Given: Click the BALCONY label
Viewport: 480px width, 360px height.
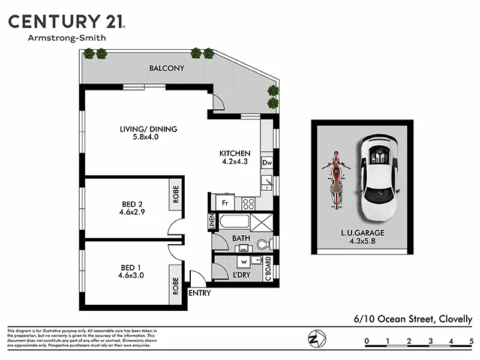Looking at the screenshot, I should (x=167, y=68).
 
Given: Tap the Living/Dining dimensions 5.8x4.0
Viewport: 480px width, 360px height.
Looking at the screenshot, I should (x=147, y=137).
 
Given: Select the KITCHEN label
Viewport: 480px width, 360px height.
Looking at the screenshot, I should (x=235, y=154).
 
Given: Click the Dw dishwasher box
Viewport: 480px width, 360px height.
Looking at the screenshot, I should (x=267, y=163).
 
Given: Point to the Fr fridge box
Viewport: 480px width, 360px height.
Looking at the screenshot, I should (x=225, y=203).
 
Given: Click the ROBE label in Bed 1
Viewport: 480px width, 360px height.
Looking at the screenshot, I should (x=176, y=284).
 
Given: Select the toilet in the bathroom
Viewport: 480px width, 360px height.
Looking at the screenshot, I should (x=262, y=244).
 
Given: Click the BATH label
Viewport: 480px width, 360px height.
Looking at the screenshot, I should (x=241, y=239).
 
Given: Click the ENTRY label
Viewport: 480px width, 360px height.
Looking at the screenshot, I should (x=199, y=293).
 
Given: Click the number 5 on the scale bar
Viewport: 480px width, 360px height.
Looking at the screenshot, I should (x=472, y=342).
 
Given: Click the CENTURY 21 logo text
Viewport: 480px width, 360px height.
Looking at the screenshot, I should (x=66, y=22).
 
